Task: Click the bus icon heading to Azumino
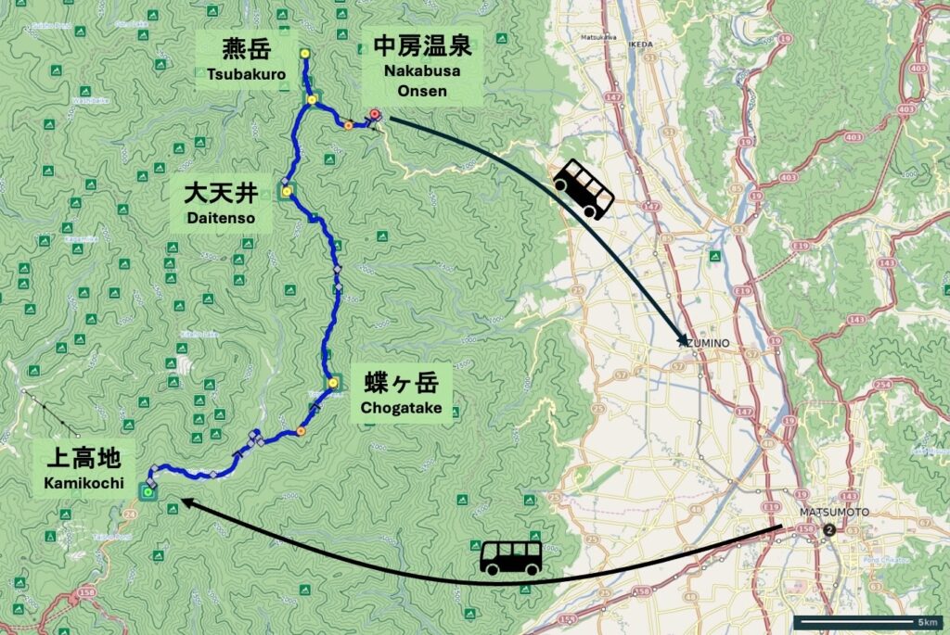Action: (584, 189)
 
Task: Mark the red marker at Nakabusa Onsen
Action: (375, 115)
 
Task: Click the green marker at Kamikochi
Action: (148, 492)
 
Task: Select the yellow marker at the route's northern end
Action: (304, 53)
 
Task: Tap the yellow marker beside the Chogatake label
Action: (332, 381)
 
